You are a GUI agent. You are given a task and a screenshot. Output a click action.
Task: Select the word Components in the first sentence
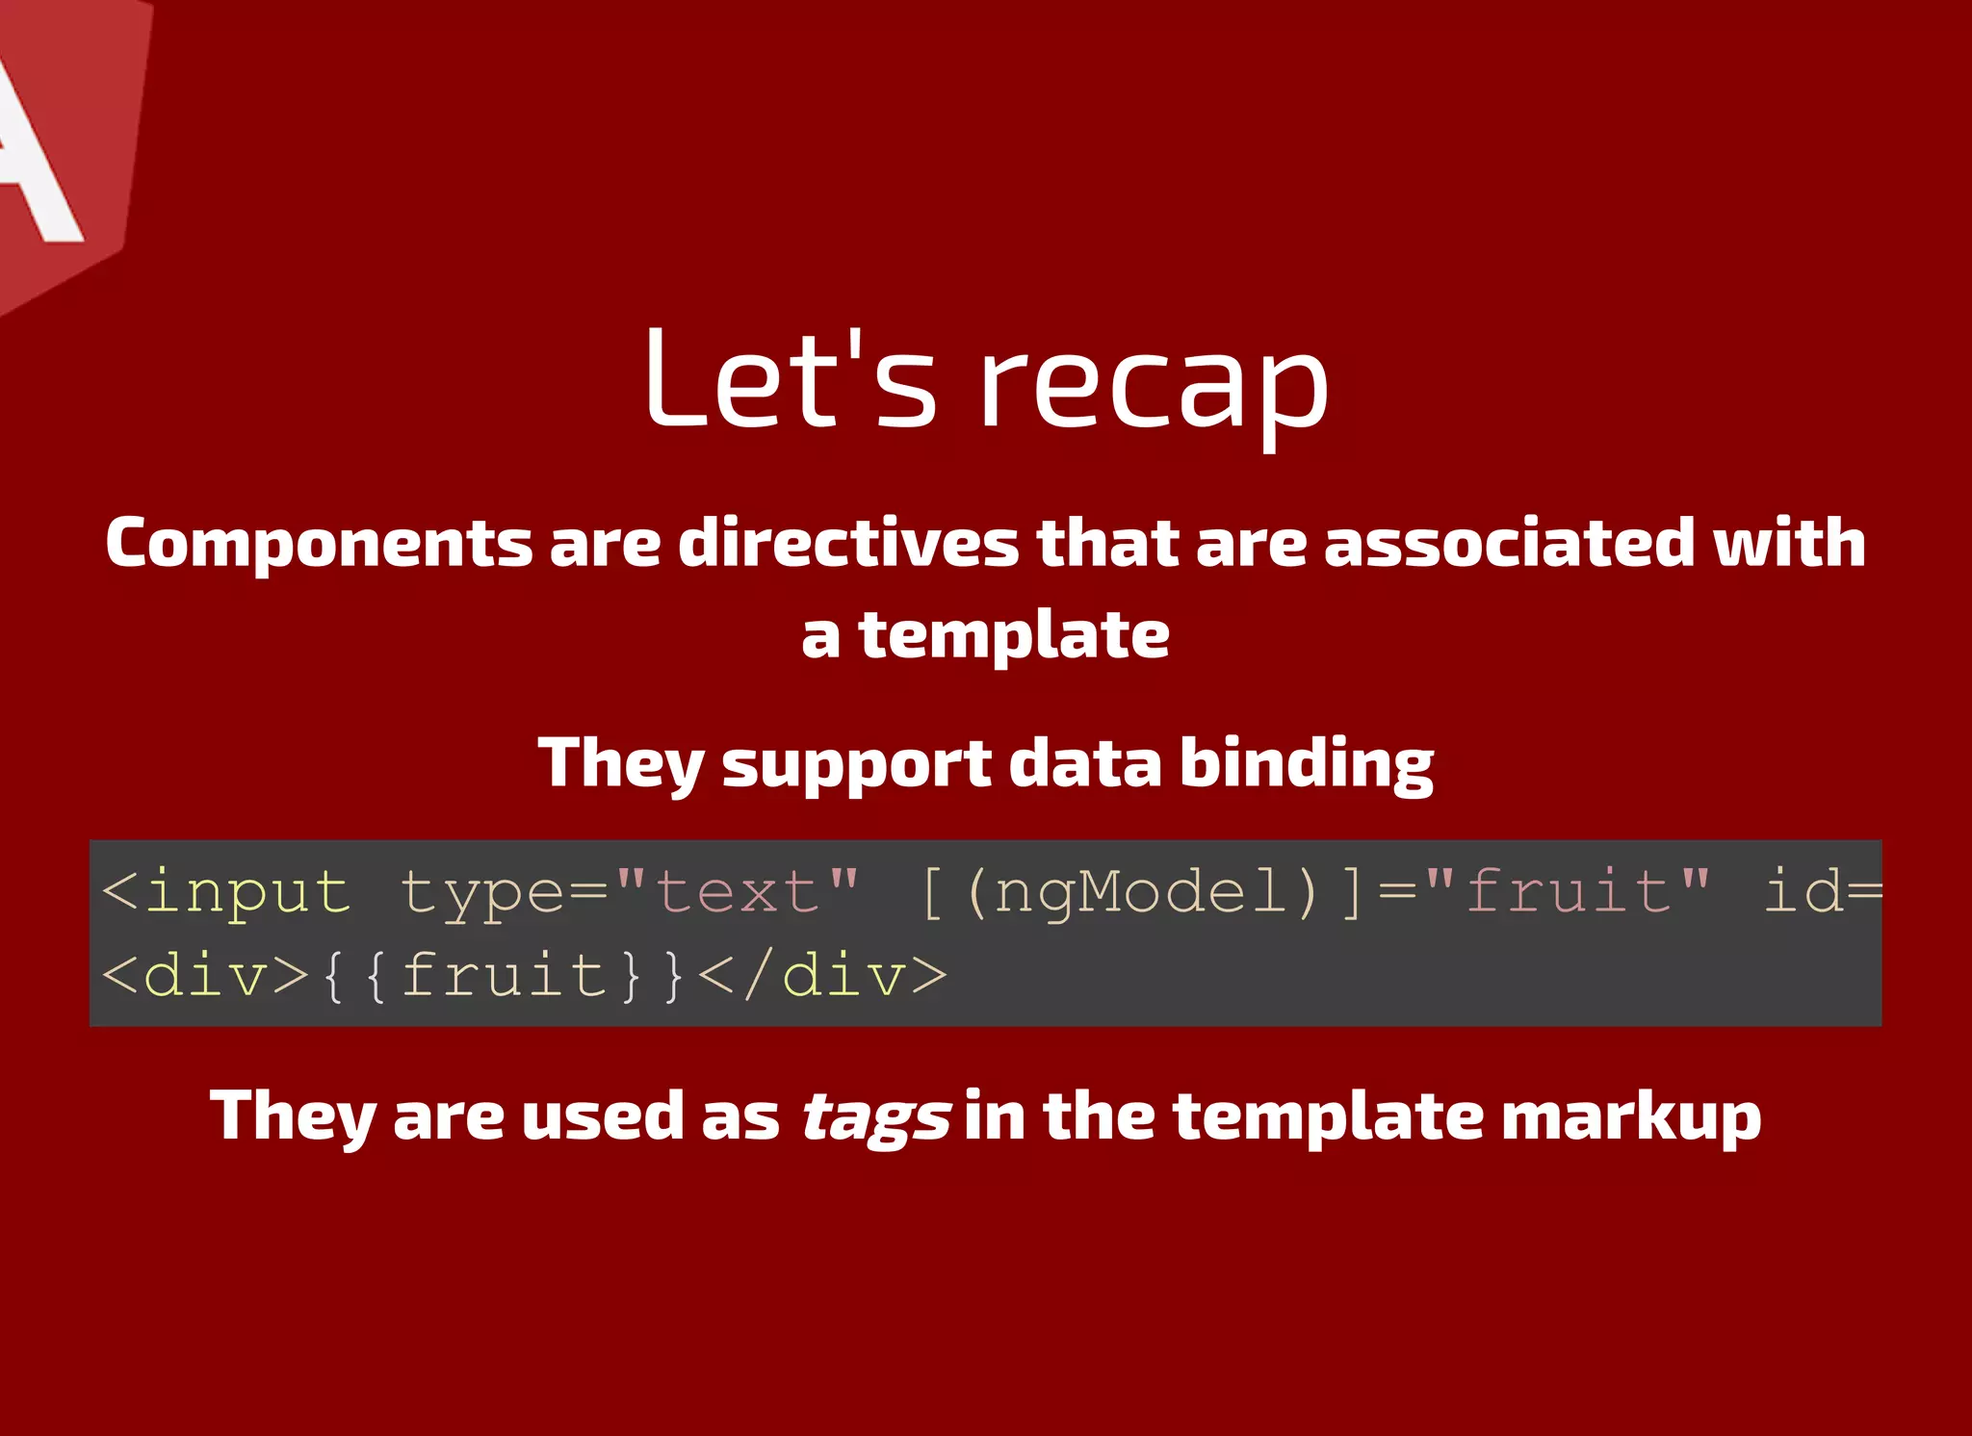[x=318, y=543]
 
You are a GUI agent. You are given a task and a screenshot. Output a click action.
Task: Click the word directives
[x=848, y=543]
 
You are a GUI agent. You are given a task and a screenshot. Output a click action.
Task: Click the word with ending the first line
[x=1789, y=543]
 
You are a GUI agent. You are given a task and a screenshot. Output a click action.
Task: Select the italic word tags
[x=875, y=1118]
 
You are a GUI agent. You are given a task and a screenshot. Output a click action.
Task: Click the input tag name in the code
[x=246, y=891]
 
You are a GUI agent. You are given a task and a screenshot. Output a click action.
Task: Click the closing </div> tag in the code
[x=821, y=976]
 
